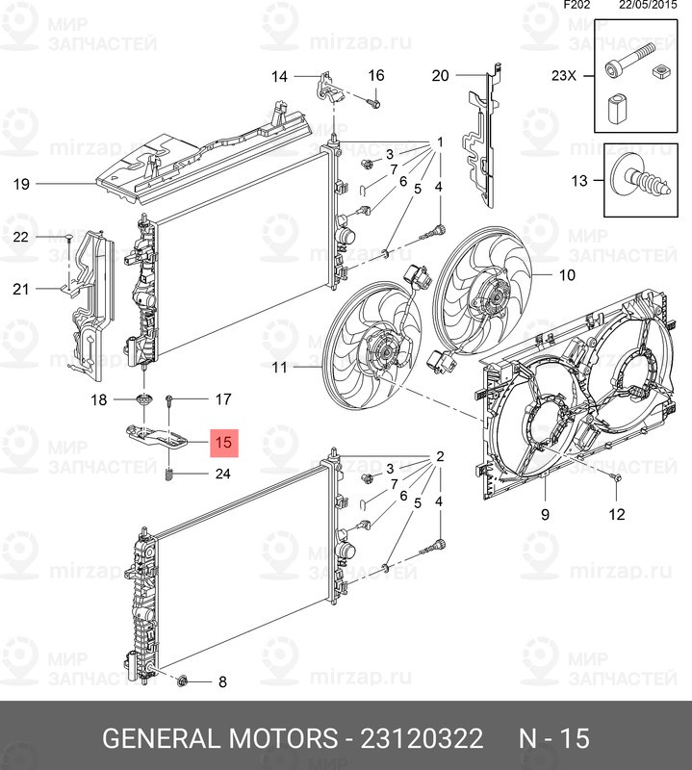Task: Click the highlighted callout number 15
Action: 224,444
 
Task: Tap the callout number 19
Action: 22,183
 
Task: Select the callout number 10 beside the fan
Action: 567,275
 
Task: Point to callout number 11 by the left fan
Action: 279,367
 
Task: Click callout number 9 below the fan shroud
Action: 544,515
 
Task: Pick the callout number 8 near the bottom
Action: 222,682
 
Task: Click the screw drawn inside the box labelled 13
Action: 639,180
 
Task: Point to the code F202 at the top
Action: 578,6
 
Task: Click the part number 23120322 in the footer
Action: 421,739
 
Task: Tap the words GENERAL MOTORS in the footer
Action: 215,739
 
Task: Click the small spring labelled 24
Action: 169,475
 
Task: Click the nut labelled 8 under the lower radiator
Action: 183,682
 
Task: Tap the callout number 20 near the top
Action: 440,76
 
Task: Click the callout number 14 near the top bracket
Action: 279,76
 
